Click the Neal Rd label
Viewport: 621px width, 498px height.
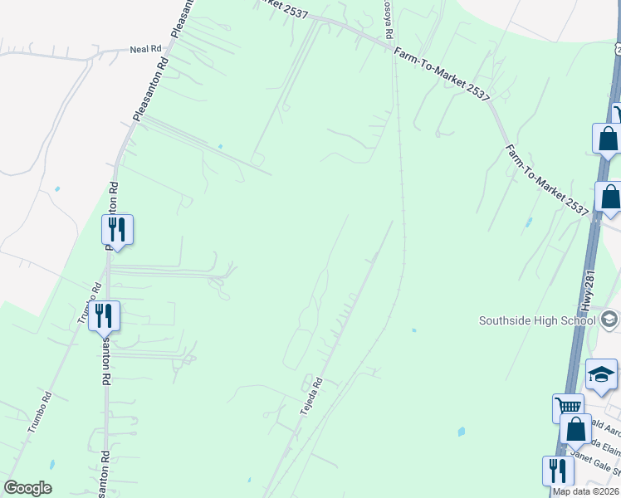point(145,49)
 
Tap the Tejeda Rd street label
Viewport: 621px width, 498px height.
point(311,393)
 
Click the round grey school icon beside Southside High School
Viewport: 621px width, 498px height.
point(609,320)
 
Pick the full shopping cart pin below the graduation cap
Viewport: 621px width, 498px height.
point(567,408)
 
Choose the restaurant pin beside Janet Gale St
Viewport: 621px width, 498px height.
point(558,471)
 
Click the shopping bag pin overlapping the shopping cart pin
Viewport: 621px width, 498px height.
point(576,430)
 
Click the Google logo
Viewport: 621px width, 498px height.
point(27,488)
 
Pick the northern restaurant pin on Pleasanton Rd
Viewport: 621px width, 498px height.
point(118,230)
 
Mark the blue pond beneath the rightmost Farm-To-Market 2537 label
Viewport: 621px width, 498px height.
point(528,223)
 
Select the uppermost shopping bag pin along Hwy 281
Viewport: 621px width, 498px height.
point(608,139)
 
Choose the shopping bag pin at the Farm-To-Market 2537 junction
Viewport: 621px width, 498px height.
point(610,198)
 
